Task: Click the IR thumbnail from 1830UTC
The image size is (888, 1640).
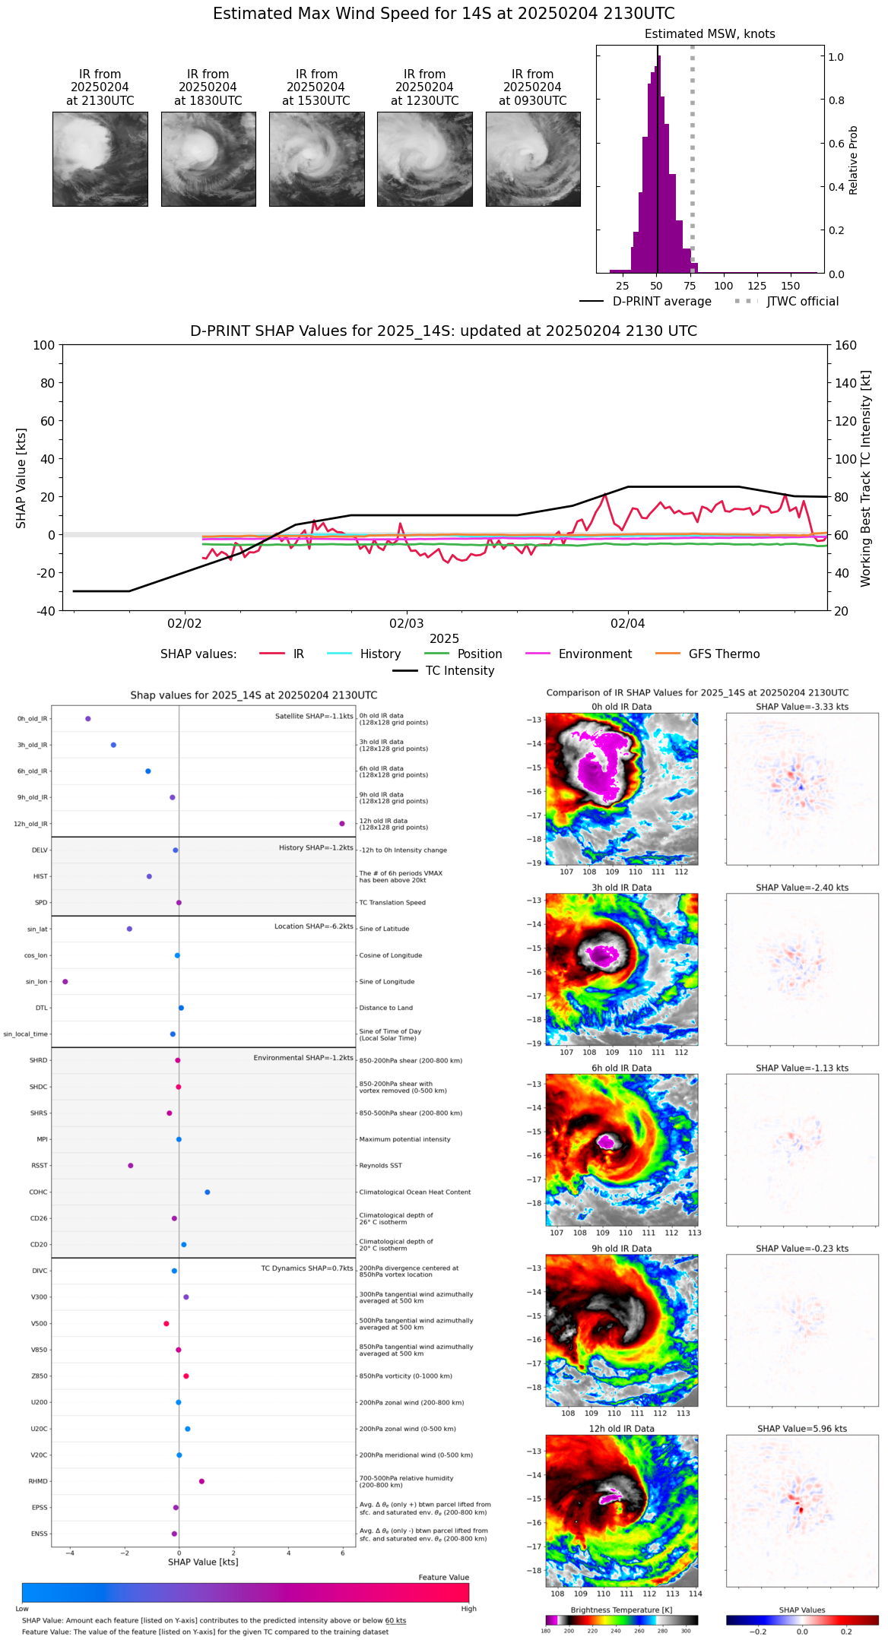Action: pyautogui.click(x=208, y=159)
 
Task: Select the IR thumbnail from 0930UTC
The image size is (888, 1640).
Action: pyautogui.click(x=533, y=159)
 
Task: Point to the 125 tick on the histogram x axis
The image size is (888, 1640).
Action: pyautogui.click(x=756, y=287)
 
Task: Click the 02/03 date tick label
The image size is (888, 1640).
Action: pyautogui.click(x=406, y=624)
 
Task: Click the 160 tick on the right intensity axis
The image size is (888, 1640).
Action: pyautogui.click(x=845, y=346)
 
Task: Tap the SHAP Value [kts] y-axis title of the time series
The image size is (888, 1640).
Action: pyautogui.click(x=21, y=478)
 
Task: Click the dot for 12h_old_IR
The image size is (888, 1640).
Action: pyautogui.click(x=342, y=824)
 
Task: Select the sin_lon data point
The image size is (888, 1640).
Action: pyautogui.click(x=65, y=982)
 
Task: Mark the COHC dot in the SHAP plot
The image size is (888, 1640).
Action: pyautogui.click(x=208, y=1192)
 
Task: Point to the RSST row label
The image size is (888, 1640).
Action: pyautogui.click(x=40, y=1166)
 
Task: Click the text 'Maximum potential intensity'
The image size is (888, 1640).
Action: pyautogui.click(x=404, y=1139)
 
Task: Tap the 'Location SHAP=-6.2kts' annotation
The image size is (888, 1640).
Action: pyautogui.click(x=314, y=926)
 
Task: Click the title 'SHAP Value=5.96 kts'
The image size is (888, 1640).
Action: pyautogui.click(x=802, y=1429)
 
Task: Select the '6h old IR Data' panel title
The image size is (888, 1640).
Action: pyautogui.click(x=621, y=1068)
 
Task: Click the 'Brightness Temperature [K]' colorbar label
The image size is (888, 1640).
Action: pyautogui.click(x=621, y=1610)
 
